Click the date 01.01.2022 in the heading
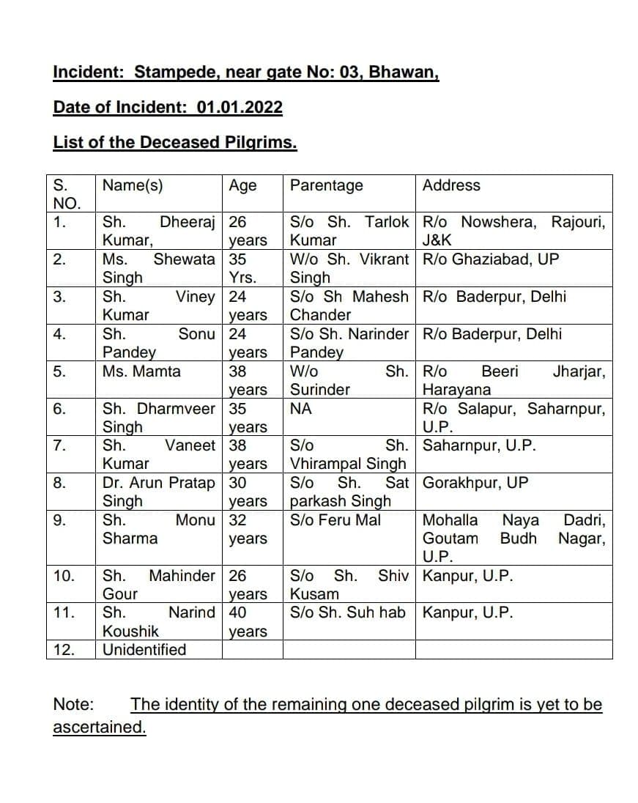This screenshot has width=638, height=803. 240,107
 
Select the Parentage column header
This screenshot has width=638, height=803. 326,185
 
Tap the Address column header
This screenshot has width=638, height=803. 451,185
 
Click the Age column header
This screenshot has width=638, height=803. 242,185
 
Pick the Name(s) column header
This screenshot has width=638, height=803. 133,185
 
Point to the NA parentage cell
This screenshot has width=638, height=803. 301,409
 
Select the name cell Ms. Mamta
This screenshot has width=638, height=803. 141,371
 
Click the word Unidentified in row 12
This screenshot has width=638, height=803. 144,650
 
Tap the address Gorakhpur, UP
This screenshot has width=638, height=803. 475,483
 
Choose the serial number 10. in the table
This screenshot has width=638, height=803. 64,576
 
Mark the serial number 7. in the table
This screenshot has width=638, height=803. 61,445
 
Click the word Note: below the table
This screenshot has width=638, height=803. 74,705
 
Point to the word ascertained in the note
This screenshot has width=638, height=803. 100,728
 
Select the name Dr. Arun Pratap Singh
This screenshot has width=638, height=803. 158,492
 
